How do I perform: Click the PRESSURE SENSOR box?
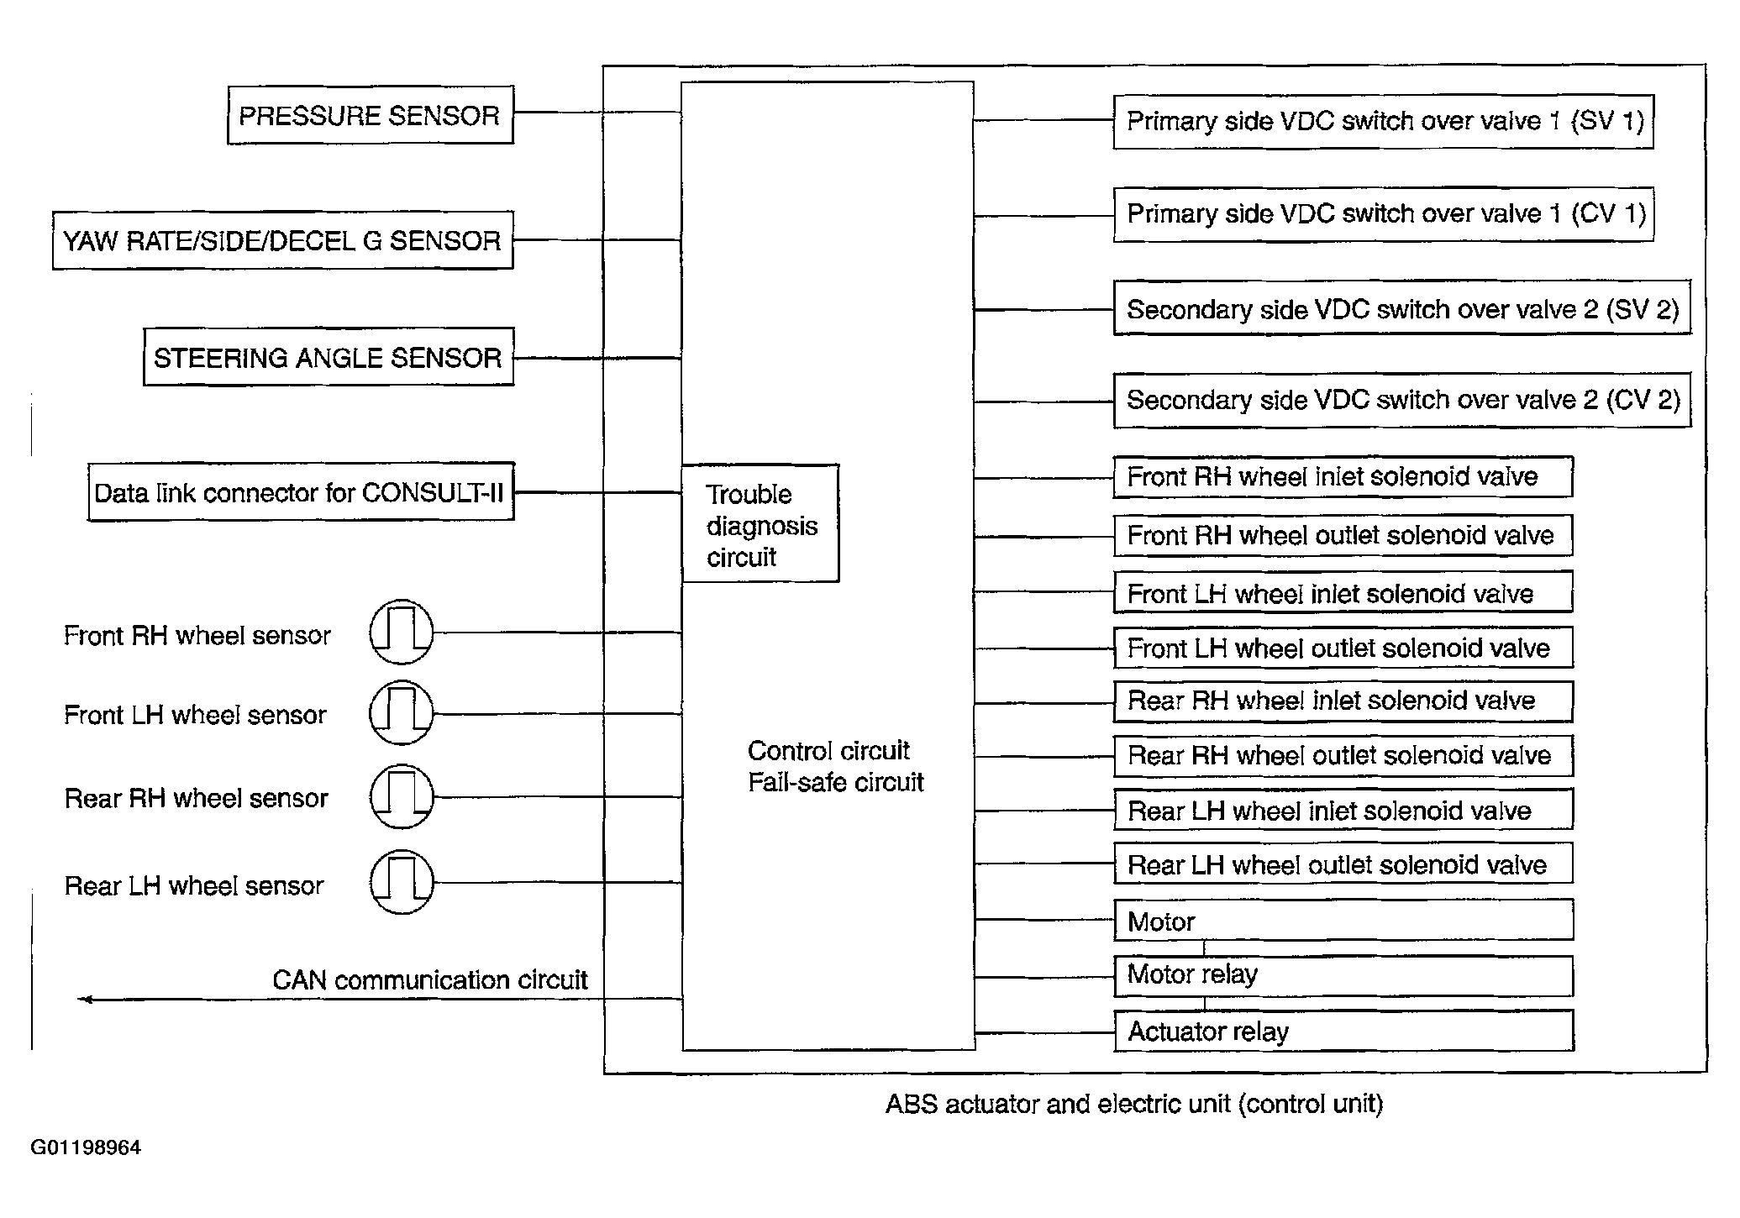(370, 115)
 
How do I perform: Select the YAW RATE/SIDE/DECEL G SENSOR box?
(282, 241)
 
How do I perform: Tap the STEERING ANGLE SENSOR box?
(328, 358)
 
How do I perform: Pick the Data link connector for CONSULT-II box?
(300, 493)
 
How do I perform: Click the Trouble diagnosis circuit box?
(760, 524)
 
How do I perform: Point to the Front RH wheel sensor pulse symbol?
(402, 633)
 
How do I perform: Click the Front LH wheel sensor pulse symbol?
(402, 714)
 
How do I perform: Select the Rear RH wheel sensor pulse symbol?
(402, 796)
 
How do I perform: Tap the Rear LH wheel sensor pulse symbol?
(402, 882)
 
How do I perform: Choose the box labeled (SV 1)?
(1383, 122)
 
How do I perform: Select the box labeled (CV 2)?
(1401, 401)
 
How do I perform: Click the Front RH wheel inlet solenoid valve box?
(1343, 477)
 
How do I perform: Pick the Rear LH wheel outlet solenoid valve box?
(1343, 864)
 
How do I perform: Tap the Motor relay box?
(1343, 975)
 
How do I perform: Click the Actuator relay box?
(1343, 1032)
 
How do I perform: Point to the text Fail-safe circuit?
(835, 783)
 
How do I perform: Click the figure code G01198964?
(86, 1147)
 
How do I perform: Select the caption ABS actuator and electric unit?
(1133, 1104)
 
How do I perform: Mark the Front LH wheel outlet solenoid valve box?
(1343, 648)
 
